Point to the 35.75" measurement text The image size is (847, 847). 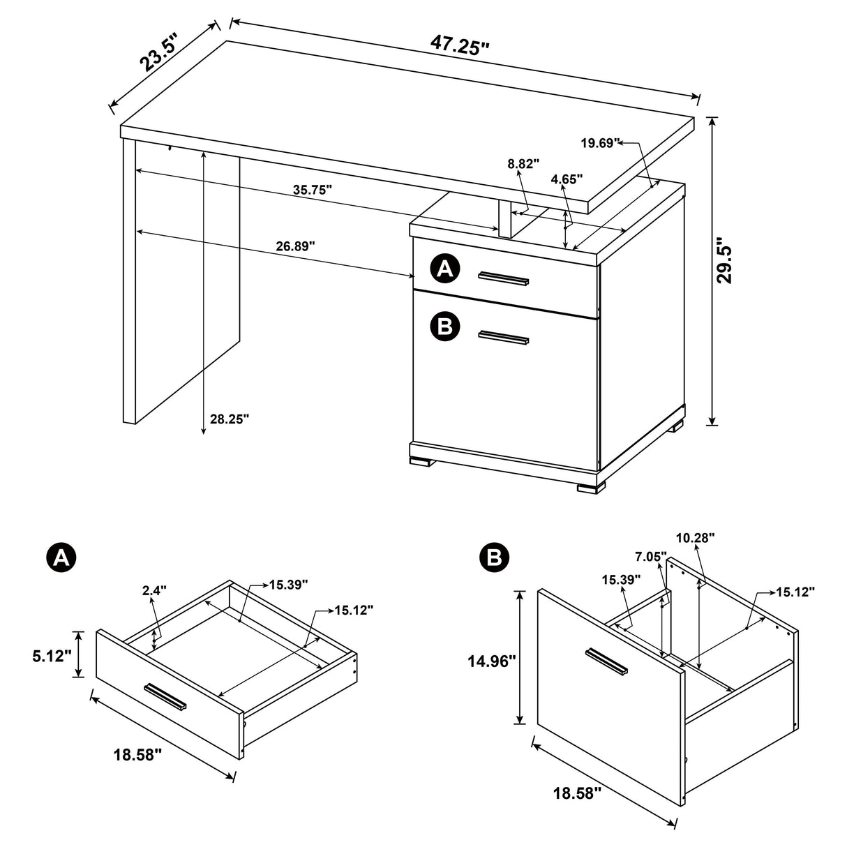(312, 189)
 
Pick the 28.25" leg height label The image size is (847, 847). (229, 419)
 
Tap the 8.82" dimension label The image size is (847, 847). (524, 164)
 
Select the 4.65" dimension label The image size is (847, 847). (567, 179)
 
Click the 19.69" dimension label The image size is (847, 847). (600, 143)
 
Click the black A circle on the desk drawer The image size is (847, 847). (445, 269)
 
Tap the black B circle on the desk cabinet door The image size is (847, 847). (445, 326)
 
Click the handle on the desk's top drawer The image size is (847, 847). (503, 279)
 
